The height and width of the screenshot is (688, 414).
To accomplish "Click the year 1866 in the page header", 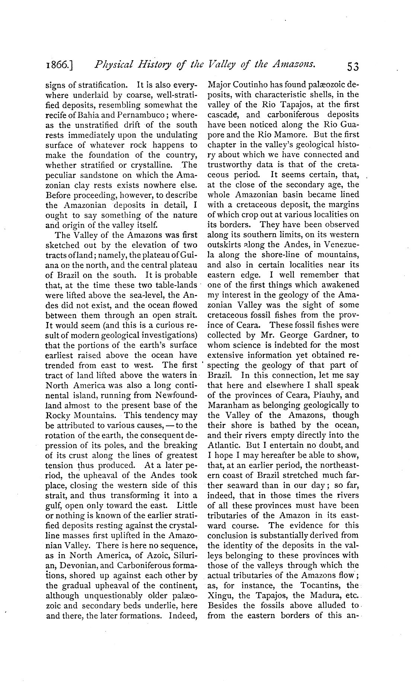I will [58, 66].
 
